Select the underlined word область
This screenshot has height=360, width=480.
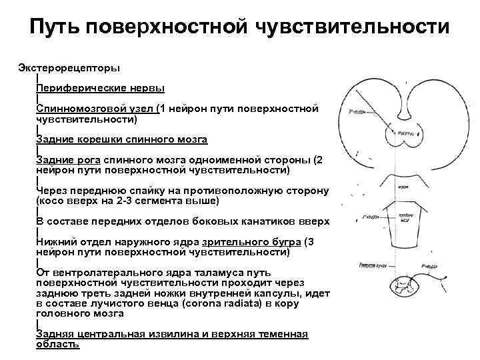tap(58, 344)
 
